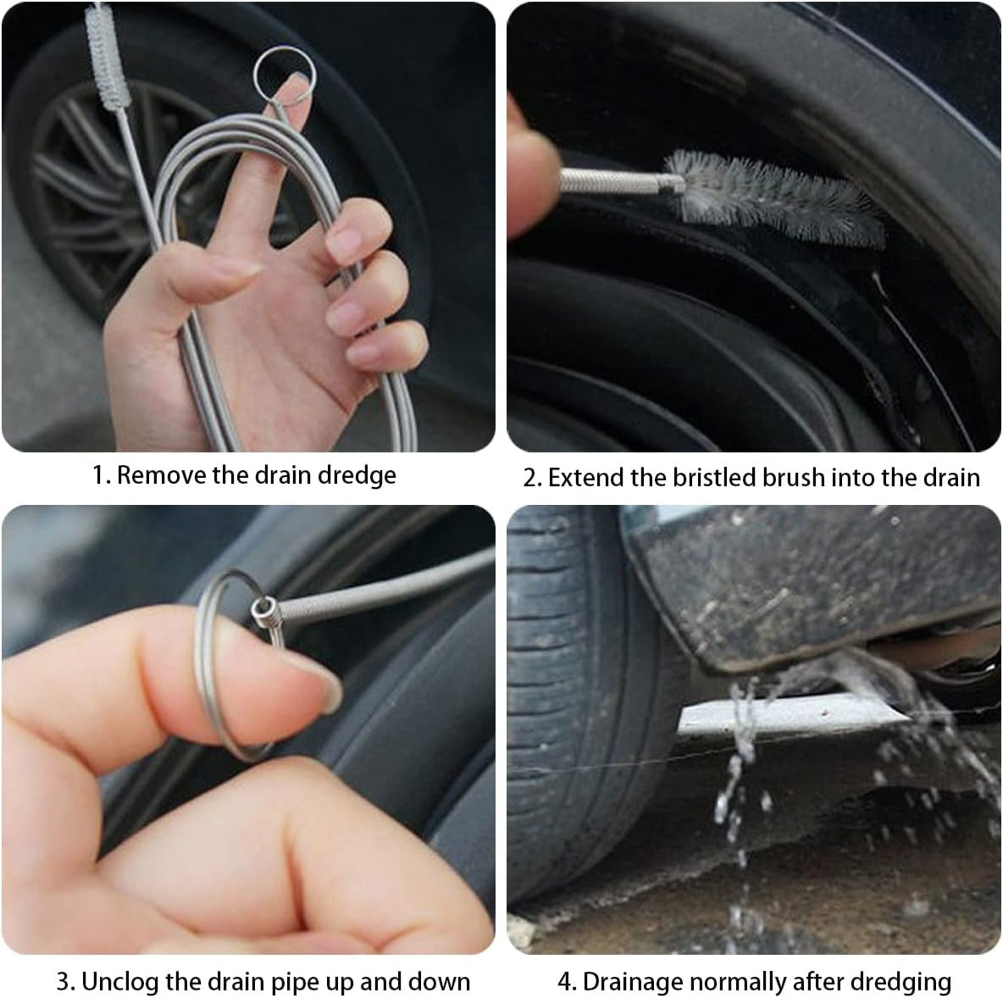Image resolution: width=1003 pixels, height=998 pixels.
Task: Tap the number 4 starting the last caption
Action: point(563,982)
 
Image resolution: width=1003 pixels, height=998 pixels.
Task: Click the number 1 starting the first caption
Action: point(98,476)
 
